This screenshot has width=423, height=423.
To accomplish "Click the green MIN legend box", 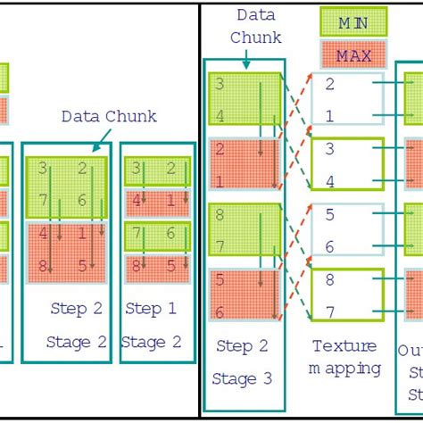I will [x=353, y=21].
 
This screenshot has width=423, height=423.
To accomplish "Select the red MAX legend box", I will [x=353, y=55].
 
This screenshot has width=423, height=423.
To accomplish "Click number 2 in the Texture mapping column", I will [x=330, y=84].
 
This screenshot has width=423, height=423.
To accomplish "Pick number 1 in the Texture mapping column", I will [x=330, y=115].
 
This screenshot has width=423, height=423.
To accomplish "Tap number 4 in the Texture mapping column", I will [x=330, y=183].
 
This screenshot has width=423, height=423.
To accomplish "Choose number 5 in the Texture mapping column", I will [x=330, y=215].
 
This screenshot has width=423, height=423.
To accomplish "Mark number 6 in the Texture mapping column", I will [x=330, y=247].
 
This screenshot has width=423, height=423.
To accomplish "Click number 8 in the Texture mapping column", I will [x=330, y=280].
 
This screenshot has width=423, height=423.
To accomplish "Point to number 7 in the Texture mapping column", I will [x=330, y=311].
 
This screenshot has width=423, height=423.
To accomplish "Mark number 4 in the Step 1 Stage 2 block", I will [x=136, y=202].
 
